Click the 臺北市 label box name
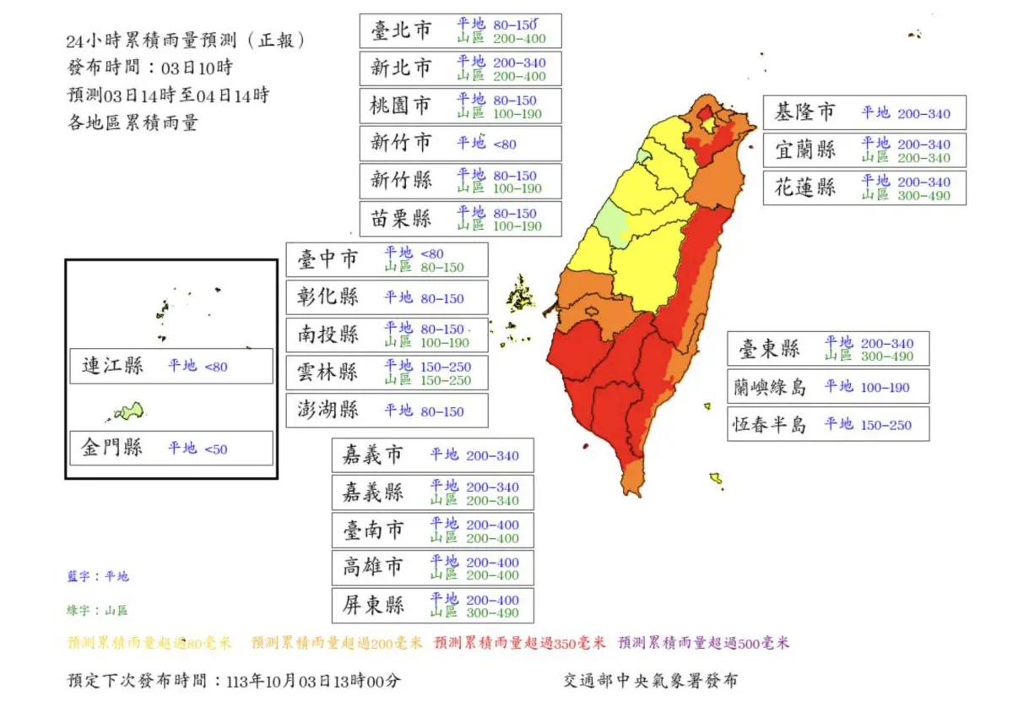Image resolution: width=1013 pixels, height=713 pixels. point(401,31)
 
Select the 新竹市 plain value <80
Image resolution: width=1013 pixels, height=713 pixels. point(505,144)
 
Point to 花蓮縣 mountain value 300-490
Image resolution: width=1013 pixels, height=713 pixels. point(923,196)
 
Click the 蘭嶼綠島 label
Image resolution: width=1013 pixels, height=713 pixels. point(769,387)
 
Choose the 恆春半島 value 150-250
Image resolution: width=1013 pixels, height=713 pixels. point(886,425)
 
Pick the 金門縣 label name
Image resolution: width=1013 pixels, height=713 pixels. point(112,448)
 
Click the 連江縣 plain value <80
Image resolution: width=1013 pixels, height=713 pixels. point(215,367)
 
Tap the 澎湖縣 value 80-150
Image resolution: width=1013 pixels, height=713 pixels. point(441,411)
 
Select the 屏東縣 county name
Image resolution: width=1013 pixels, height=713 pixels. point(373,606)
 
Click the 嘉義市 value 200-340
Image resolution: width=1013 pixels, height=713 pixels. point(492,456)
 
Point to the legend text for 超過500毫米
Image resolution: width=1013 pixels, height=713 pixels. point(703,643)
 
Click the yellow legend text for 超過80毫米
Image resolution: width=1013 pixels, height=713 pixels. point(149,643)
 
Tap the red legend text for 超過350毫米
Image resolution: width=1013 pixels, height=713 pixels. point(519,643)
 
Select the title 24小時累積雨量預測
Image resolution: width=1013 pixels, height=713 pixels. point(185,41)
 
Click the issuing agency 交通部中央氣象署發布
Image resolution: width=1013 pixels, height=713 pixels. point(650,681)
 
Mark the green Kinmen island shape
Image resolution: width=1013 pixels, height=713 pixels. point(129,411)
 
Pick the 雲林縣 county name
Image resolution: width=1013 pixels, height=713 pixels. point(328,373)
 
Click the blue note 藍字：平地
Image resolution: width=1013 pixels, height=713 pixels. point(98,577)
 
